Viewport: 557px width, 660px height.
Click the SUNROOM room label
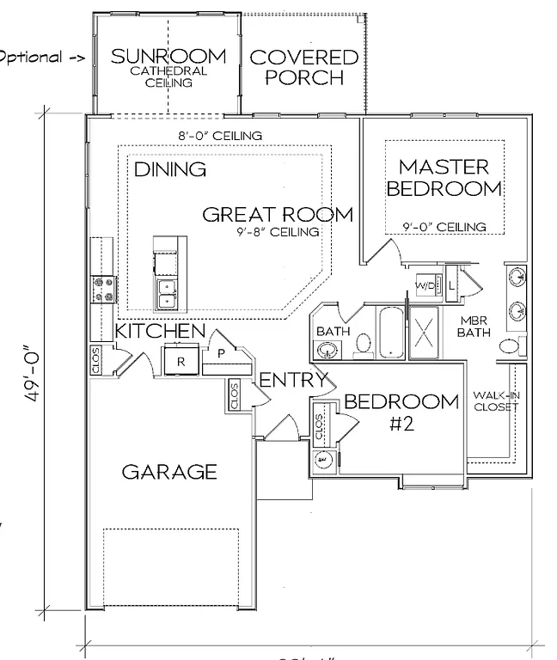(169, 57)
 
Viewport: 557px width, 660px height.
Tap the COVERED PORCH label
(291, 67)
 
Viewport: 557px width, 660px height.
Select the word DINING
(170, 169)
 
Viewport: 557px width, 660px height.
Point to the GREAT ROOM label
(277, 215)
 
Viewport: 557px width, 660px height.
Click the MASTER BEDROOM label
(444, 177)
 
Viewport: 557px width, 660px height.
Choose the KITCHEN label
(161, 331)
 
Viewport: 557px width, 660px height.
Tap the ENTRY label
(293, 380)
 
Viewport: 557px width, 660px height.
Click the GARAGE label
(168, 472)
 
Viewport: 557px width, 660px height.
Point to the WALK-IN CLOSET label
(495, 401)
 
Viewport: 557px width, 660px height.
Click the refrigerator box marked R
(181, 361)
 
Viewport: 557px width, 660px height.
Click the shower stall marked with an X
(425, 331)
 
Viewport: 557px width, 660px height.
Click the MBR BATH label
(472, 326)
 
